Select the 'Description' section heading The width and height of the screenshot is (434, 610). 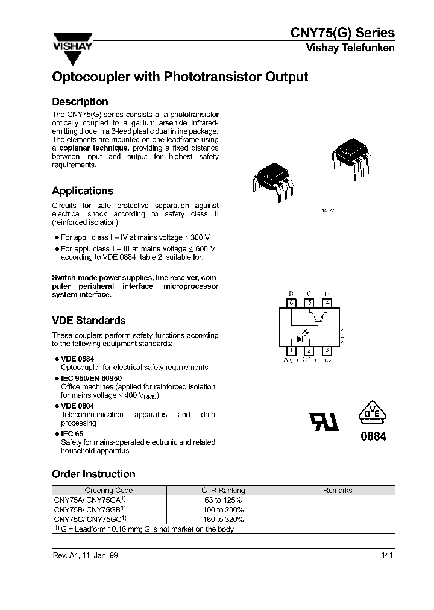point(80,102)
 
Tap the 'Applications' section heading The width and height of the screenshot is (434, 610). point(83,190)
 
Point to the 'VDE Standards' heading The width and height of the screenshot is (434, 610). point(89,321)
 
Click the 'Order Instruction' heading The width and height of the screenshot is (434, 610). point(93,474)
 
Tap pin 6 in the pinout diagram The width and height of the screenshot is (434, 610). point(291,303)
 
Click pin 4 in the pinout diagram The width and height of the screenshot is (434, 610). point(327,303)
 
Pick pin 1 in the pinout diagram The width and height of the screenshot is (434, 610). point(291,350)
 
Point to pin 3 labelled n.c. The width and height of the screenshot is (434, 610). point(327,350)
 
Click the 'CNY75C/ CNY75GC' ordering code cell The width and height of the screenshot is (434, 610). point(90,518)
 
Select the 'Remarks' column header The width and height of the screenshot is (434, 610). point(338,491)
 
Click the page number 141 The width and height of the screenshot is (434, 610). point(387,556)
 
